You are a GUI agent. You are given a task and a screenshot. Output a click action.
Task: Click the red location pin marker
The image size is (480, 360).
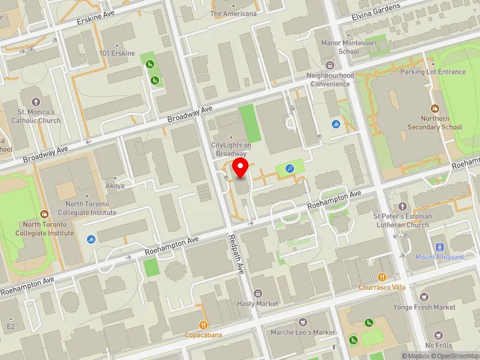click(241, 168)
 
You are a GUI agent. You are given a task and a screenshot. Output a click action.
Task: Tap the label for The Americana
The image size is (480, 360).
click(233, 14)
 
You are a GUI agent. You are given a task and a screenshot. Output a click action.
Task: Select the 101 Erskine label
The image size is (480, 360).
click(118, 53)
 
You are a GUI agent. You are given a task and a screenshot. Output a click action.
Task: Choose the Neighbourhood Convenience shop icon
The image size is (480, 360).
click(329, 65)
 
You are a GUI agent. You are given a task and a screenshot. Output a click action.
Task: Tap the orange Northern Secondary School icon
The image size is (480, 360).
click(436, 109)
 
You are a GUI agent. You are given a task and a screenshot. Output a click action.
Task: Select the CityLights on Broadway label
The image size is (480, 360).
click(231, 149)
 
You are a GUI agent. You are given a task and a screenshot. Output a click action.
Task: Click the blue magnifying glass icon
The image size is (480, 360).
click(290, 169)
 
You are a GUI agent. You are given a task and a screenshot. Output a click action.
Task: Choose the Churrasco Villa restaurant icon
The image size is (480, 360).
click(382, 277)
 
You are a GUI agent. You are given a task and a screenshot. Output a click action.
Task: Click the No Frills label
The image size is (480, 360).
click(438, 346)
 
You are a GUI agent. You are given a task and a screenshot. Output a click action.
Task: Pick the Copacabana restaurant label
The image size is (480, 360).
click(203, 335)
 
